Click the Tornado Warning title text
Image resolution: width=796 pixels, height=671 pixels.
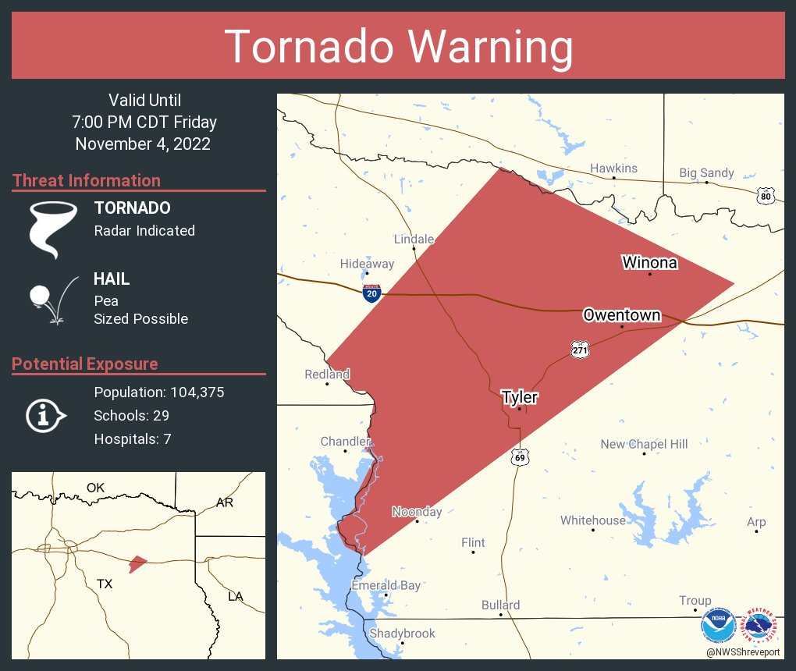[398, 46]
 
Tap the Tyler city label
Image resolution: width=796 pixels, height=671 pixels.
[519, 398]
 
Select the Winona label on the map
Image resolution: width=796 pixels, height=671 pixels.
[649, 262]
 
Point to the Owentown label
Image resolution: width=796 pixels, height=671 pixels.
[621, 315]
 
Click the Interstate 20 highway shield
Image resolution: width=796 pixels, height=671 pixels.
[372, 293]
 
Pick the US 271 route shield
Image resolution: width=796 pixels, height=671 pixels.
[579, 350]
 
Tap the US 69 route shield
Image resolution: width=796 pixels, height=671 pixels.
[520, 457]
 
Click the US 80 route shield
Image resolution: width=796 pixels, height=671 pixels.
[766, 196]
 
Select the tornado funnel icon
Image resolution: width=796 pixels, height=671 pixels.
[52, 229]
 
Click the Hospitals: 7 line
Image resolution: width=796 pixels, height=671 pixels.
[133, 439]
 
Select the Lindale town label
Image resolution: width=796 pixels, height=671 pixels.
[414, 239]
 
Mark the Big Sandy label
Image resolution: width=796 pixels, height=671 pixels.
[706, 173]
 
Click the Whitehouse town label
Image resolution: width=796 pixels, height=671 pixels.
[593, 520]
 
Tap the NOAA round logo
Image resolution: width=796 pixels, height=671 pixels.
[718, 625]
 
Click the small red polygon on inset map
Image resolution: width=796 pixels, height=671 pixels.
[137, 563]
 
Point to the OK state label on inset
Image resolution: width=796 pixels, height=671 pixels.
[95, 488]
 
